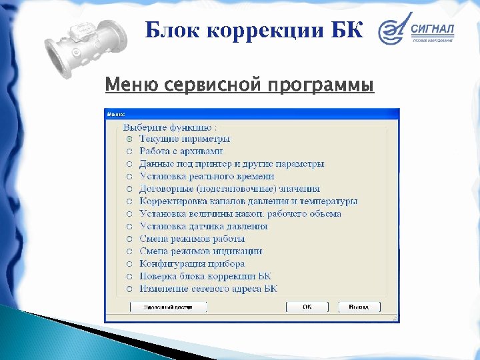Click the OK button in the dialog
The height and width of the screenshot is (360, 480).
point(307,307)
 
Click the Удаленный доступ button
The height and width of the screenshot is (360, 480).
point(168,307)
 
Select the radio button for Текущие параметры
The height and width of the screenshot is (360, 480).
point(129,139)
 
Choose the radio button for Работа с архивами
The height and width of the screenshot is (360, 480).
point(129,152)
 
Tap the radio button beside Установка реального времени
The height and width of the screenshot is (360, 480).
point(129,177)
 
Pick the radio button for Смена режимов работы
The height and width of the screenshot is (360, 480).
point(129,239)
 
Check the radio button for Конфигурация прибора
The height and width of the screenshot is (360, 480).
point(129,264)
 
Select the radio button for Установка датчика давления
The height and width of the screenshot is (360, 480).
point(129,227)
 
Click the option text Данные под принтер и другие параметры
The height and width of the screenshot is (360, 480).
point(231,164)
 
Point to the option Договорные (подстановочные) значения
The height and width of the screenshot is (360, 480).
point(229,189)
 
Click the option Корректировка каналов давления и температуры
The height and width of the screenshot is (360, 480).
point(248,201)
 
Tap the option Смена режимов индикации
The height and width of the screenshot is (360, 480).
point(201,251)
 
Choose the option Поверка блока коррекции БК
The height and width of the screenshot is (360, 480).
point(205,276)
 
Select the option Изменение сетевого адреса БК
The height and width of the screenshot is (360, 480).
point(208,289)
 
